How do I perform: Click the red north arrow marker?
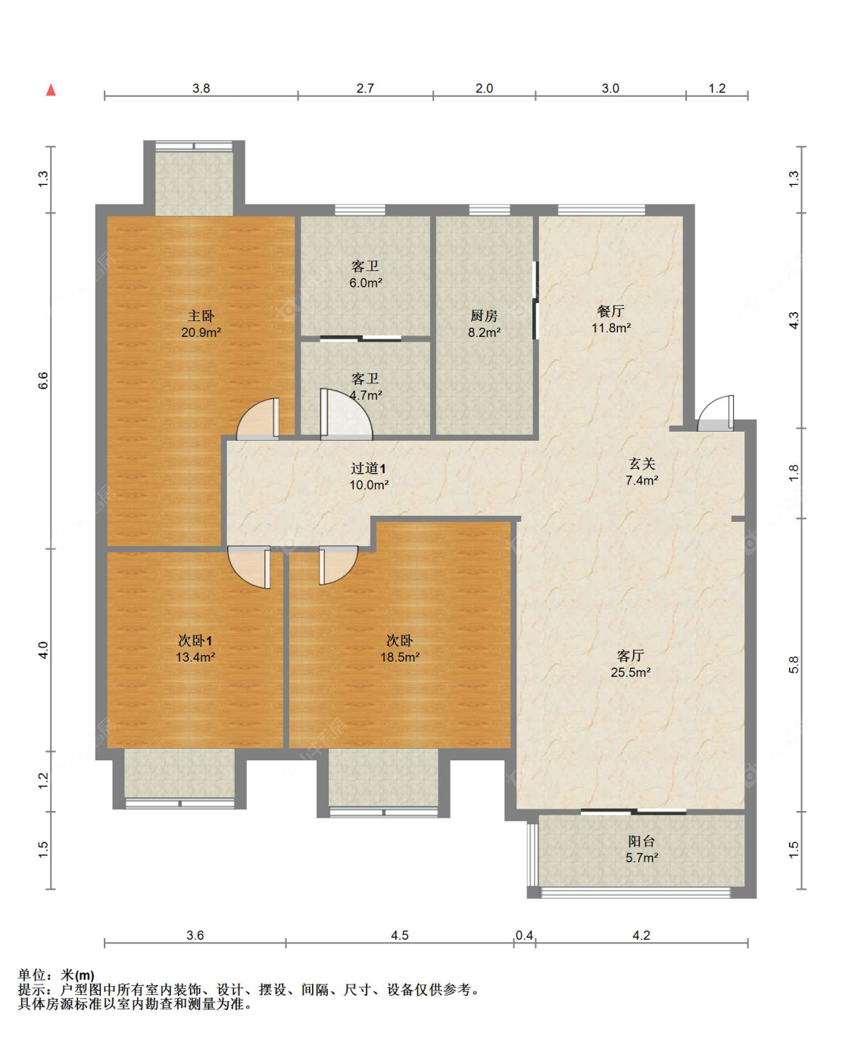pos(51,89)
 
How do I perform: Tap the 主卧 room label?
pos(201,315)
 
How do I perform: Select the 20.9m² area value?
pos(201,332)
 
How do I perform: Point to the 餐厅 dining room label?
pos(610,310)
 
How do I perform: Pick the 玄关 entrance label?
pos(641,463)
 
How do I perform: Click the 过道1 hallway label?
pos(368,468)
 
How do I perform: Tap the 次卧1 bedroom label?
pos(195,641)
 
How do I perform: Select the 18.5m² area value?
pos(400,657)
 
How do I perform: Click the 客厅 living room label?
pos(630,655)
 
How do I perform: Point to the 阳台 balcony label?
pos(641,841)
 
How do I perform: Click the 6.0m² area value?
pos(366,282)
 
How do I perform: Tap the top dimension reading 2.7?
pos(365,88)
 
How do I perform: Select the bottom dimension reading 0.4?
pos(524,935)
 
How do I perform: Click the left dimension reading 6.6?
pos(43,380)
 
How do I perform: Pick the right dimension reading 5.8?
pos(794,665)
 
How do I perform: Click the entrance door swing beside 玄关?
pos(716,413)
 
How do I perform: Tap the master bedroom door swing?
pos(257,418)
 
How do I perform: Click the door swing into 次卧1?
pos(249,567)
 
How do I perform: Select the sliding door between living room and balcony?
pos(633,811)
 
